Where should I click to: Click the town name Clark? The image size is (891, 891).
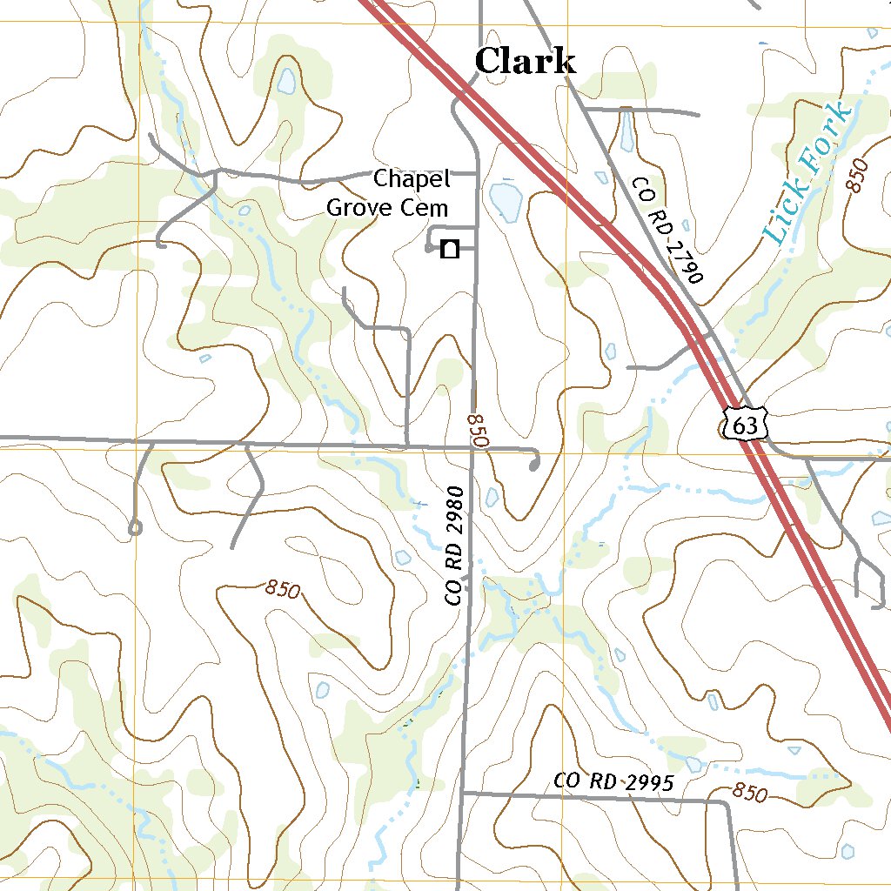point(526,62)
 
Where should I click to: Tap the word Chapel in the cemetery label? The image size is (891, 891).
point(412,179)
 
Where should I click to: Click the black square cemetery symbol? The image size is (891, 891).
point(450,250)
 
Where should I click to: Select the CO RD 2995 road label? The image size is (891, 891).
point(613,782)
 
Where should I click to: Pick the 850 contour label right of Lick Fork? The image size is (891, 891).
point(857,176)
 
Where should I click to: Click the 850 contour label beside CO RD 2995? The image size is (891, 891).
point(750,794)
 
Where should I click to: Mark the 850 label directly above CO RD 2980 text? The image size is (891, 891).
point(477,430)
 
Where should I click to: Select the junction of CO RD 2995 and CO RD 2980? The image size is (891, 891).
point(462,793)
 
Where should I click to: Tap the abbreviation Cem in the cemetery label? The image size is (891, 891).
point(430,207)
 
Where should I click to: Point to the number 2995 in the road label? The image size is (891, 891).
point(648,783)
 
